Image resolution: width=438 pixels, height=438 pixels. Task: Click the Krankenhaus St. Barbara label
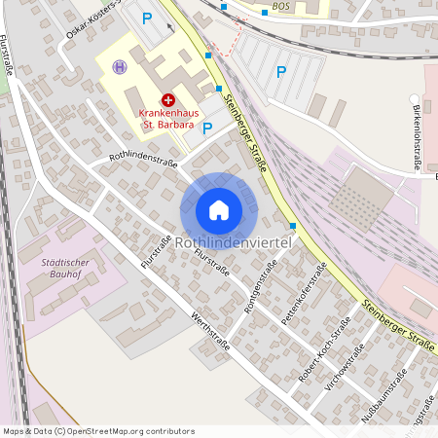[166, 118]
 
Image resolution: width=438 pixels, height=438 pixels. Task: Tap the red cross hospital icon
[167, 99]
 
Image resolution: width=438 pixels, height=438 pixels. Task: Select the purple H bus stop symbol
[120, 66]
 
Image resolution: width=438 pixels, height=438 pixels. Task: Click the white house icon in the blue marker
[219, 209]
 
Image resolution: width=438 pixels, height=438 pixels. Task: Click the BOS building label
[281, 6]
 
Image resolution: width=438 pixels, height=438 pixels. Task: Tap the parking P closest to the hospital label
[206, 126]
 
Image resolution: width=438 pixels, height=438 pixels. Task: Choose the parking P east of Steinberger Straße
[281, 71]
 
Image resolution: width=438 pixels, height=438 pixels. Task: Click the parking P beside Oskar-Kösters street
[147, 18]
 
